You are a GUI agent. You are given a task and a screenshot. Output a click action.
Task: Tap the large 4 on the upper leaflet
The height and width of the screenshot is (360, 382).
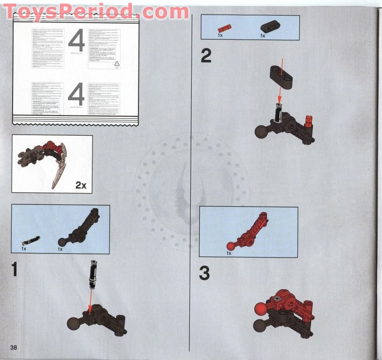coord(77,41)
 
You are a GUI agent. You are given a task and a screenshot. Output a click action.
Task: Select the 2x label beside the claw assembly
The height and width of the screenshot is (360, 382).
coord(81,185)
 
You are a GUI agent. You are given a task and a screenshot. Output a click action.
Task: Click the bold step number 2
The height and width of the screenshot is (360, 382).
coord(206,56)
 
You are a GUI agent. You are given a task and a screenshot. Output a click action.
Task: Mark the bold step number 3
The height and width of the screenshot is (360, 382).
coord(204,274)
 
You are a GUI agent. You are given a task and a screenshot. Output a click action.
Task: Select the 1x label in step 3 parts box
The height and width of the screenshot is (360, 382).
coord(229,253)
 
